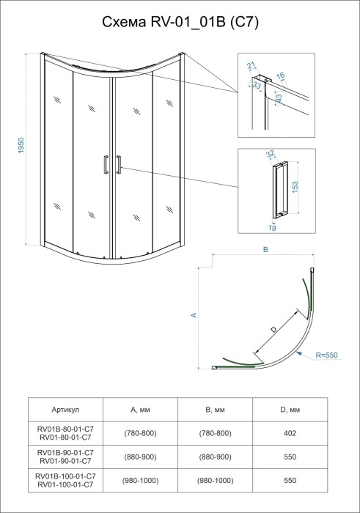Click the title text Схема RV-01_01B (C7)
tap(180, 23)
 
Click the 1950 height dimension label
tap(22, 147)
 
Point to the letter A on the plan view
tap(194, 314)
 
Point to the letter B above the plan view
tap(267, 250)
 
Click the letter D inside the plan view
tap(273, 331)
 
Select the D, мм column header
tap(290, 410)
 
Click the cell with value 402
tap(290, 434)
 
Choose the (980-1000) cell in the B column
tap(215, 480)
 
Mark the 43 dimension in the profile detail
tap(279, 97)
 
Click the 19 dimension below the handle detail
tap(272, 229)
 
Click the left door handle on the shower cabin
tap(107, 165)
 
